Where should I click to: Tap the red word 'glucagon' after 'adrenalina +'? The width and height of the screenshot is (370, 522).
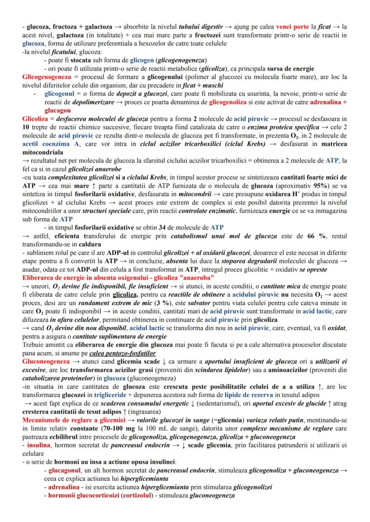[x=57, y=110]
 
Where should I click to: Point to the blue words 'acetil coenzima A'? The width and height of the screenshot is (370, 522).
[x=47, y=144]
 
